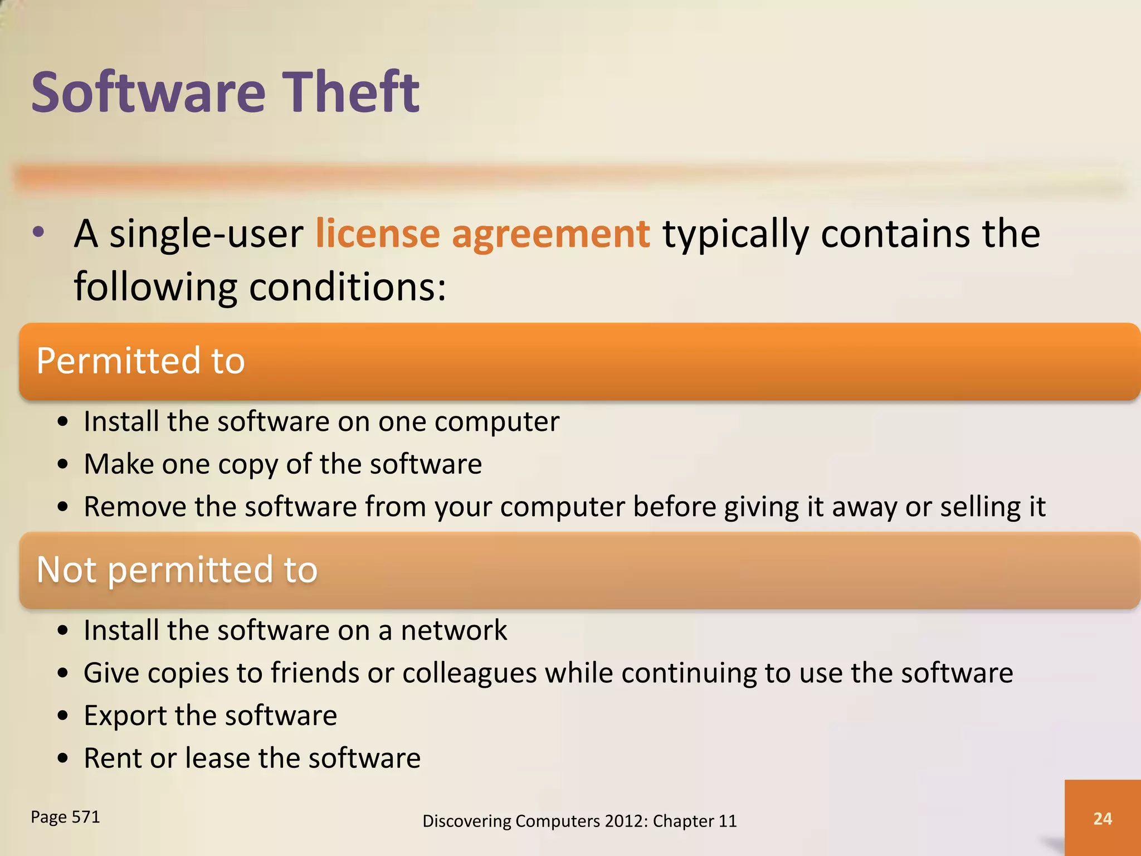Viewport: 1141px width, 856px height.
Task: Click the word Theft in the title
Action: click(x=352, y=92)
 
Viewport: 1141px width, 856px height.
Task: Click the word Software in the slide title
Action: click(x=148, y=92)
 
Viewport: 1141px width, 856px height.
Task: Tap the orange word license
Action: click(x=377, y=234)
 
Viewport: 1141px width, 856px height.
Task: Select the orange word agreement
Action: click(x=550, y=235)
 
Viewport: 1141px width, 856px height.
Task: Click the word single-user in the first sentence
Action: click(x=206, y=234)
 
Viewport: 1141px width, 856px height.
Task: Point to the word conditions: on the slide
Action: click(x=347, y=287)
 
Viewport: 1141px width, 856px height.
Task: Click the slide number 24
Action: click(x=1103, y=818)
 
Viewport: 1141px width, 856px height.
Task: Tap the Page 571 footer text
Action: click(x=65, y=817)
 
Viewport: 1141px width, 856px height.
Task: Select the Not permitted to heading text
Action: click(x=177, y=570)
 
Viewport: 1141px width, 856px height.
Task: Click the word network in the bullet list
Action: click(x=454, y=630)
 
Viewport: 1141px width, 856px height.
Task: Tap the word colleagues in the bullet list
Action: click(x=470, y=673)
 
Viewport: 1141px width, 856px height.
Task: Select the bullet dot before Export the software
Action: click(x=63, y=716)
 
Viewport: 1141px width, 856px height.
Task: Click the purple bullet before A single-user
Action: click(x=38, y=233)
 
